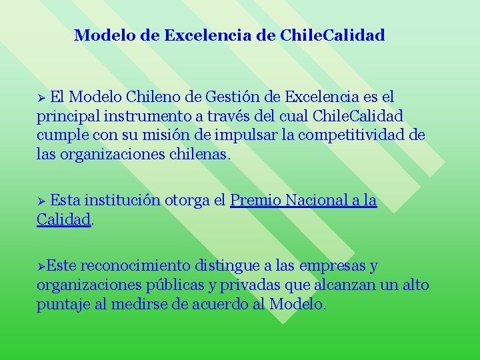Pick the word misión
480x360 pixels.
171,136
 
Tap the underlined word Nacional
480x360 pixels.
316,200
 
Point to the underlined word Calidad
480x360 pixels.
63,219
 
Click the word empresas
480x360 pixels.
331,266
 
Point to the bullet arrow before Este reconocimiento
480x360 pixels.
41,267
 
